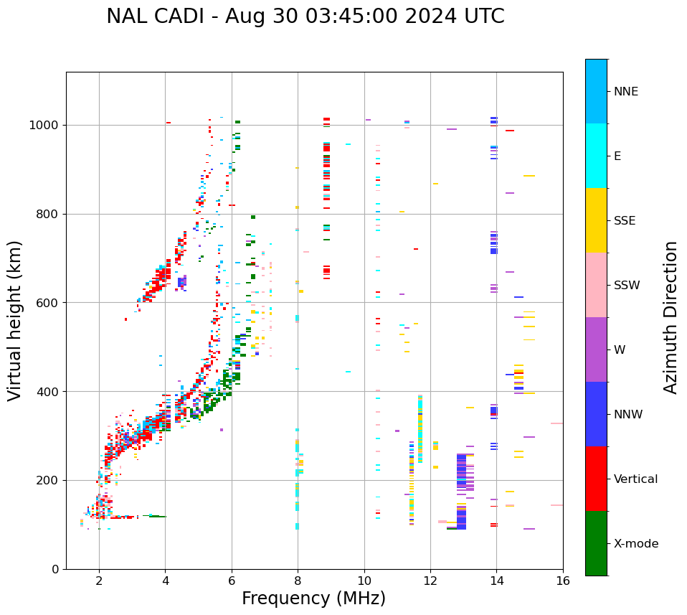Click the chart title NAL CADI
(x=305, y=17)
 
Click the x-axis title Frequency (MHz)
(x=313, y=598)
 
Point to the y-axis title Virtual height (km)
(x=15, y=320)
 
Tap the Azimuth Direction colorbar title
(x=671, y=316)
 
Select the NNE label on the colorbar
(x=625, y=92)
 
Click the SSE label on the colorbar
(x=624, y=221)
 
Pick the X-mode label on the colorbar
(x=635, y=544)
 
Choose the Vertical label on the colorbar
(x=635, y=479)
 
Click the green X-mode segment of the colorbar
(x=596, y=543)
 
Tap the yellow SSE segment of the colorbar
(x=596, y=220)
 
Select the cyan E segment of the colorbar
(x=596, y=156)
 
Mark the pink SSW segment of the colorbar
(x=596, y=285)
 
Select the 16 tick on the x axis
(x=563, y=581)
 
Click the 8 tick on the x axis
(x=298, y=581)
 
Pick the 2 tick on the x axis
(x=99, y=581)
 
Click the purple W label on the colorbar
(x=620, y=350)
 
